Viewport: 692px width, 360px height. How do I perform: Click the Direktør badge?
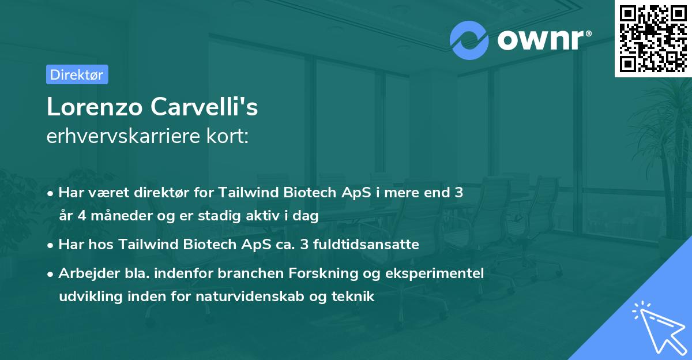[77, 74]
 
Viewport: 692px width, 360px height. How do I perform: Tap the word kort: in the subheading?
[229, 136]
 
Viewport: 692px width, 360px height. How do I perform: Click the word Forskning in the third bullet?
[330, 273]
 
